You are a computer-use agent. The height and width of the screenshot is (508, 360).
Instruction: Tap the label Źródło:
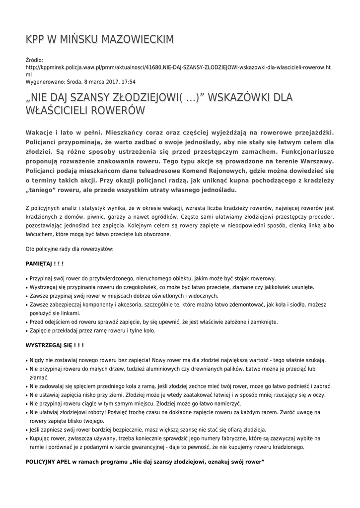[x=35, y=60]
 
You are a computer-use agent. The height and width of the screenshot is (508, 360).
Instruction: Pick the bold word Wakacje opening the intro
[x=40, y=132]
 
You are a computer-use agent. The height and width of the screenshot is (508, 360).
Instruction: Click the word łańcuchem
[x=40, y=234]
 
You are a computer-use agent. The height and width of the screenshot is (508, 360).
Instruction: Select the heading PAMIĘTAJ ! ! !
[x=45, y=263]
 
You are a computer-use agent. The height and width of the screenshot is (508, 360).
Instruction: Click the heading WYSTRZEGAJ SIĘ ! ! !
[x=55, y=345]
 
